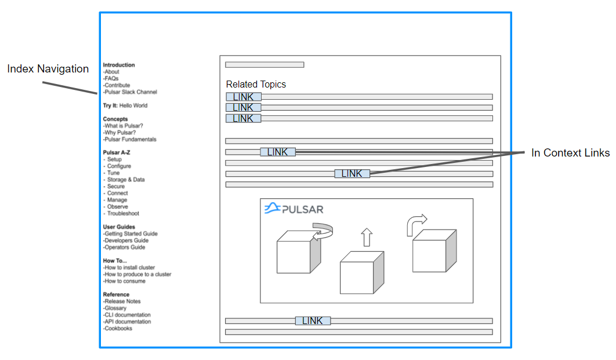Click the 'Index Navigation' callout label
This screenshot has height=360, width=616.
click(48, 69)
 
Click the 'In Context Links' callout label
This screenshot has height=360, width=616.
click(570, 153)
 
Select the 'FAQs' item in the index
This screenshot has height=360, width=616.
click(113, 78)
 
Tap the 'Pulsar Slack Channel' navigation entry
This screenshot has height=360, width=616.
click(131, 92)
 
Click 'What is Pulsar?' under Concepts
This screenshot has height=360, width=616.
click(124, 126)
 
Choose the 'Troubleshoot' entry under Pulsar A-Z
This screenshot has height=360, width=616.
click(123, 213)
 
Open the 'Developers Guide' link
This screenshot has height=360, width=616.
click(126, 241)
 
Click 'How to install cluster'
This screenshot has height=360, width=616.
click(129, 268)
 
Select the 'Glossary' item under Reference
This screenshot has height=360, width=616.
click(115, 308)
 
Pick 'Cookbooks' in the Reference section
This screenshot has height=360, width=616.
click(118, 329)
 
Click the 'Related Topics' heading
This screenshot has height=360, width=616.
click(256, 85)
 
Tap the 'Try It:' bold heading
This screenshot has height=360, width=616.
click(110, 106)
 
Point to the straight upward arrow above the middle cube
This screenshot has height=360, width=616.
click(366, 237)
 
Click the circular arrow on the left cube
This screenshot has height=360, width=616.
click(323, 232)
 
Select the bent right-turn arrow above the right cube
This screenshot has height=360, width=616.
click(415, 224)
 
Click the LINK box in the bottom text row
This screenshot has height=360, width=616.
click(313, 321)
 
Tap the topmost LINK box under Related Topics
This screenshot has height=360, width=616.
click(243, 97)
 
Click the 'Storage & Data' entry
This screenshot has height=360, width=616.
click(126, 180)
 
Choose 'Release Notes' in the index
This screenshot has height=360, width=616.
click(122, 301)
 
